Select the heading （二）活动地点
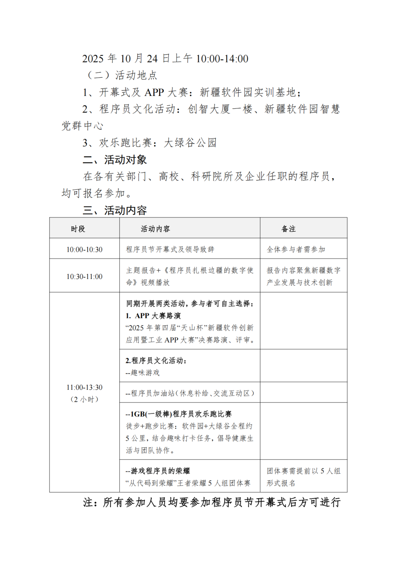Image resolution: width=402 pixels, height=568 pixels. click(122, 76)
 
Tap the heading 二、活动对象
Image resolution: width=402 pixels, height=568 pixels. click(115, 160)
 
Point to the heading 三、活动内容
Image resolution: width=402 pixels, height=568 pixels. click(115, 211)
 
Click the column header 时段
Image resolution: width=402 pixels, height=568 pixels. click(78, 229)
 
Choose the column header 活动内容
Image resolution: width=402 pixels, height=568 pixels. click(155, 229)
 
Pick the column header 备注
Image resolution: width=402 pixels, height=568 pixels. click(288, 229)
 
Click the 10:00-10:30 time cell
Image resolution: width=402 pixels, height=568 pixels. click(84, 250)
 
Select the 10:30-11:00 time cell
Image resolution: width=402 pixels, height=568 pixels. click(84, 277)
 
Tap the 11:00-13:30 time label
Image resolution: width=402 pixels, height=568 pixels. click(84, 388)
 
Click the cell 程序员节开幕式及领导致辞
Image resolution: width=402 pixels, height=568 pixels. click(170, 250)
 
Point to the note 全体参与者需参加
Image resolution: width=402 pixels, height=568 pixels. click(296, 250)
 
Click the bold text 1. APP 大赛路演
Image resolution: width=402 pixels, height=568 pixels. click(153, 316)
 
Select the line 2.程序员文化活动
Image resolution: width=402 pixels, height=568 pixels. click(156, 360)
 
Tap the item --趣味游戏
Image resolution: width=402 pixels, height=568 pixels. click(143, 373)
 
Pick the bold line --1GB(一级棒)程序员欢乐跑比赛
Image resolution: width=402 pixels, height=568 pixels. click(179, 414)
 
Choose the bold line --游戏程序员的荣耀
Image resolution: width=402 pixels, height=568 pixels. click(158, 471)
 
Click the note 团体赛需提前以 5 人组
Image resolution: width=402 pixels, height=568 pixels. click(303, 471)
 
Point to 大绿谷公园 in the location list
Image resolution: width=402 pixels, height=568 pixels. click(190, 143)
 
